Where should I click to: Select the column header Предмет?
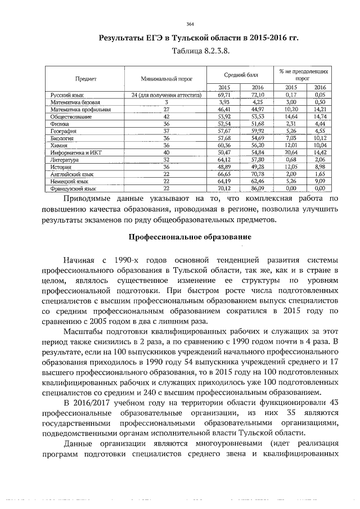(x=84, y=79)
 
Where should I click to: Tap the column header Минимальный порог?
(x=166, y=79)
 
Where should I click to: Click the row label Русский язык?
(x=67, y=96)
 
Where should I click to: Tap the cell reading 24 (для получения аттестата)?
(x=166, y=96)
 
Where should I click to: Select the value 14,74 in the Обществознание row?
(x=319, y=115)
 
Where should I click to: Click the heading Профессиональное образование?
(x=190, y=237)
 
